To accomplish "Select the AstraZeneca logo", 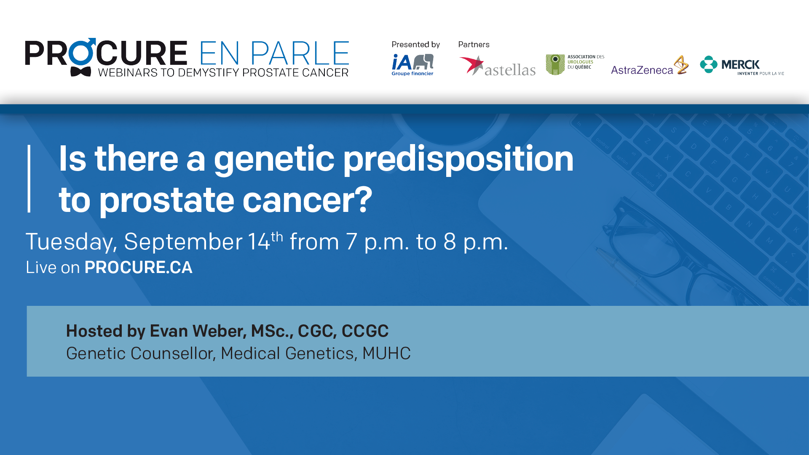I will coord(649,67).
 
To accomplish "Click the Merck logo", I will coord(741,66).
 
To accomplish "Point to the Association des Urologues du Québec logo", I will coord(575,64).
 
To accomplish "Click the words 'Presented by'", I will coord(415,45).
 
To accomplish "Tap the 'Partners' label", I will coord(474,45).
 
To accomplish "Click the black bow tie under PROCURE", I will coord(80,72).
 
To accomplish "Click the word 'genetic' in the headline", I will coord(274,159).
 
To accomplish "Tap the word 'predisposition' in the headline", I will coord(458,159).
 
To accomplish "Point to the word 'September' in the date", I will coord(183,242).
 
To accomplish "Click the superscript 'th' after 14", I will coord(277,237).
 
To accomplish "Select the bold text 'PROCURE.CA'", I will coord(138,268).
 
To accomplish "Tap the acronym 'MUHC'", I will coord(386,353).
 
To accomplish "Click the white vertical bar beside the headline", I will coord(29,179).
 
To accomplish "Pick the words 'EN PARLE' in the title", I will coord(274,54).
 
